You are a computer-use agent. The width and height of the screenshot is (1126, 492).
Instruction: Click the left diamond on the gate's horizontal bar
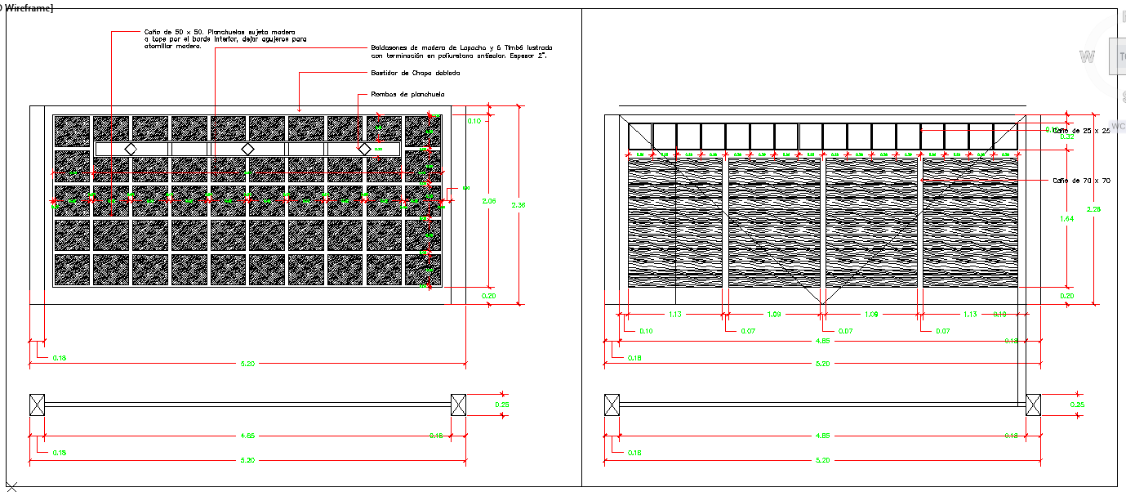click(129, 149)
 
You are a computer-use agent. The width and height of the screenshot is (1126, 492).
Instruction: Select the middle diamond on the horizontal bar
click(247, 149)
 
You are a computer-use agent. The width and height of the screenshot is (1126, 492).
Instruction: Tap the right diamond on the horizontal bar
click(364, 149)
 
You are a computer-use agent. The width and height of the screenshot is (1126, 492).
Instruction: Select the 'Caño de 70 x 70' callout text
click(1081, 181)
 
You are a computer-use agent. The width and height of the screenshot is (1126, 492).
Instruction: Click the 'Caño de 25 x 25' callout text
click(1081, 131)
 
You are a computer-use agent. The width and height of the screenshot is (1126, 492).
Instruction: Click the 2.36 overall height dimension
click(518, 205)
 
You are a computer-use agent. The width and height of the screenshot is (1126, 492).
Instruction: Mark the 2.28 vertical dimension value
click(1094, 210)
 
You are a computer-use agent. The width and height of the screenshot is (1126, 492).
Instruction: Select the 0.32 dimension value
click(1066, 136)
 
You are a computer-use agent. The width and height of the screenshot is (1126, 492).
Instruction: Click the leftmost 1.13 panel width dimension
click(674, 314)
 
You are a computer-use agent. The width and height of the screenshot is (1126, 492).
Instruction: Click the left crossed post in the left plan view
click(37, 404)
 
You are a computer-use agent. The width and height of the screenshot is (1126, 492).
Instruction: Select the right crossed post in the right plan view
click(1033, 404)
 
